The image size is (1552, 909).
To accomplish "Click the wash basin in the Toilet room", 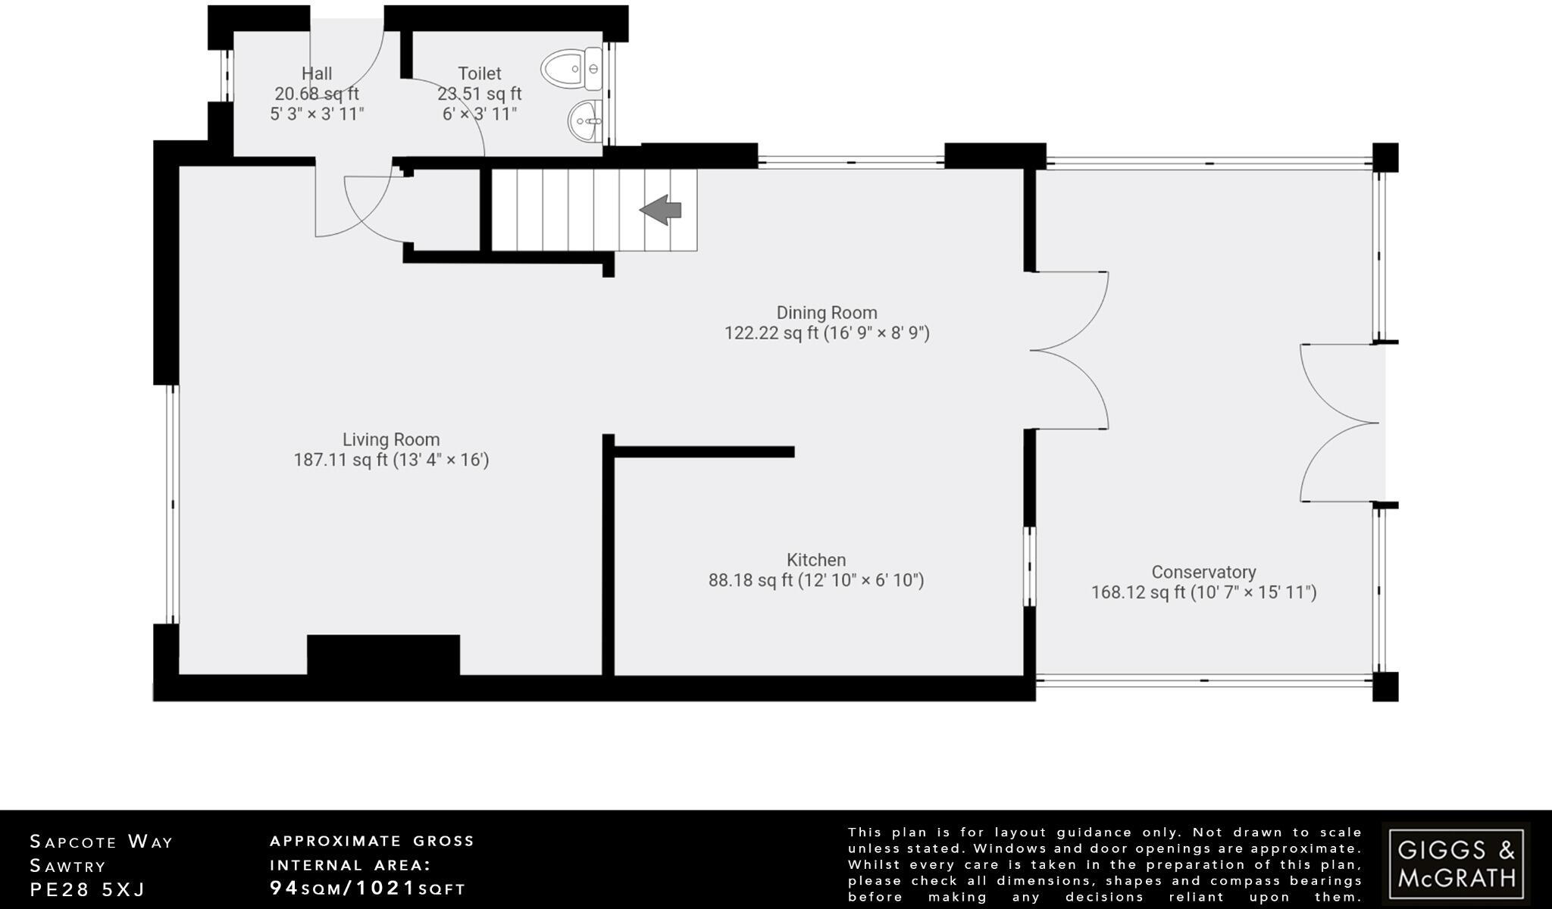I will click(584, 120).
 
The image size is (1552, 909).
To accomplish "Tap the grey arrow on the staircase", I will click(661, 210).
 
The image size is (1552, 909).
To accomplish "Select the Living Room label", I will click(391, 439).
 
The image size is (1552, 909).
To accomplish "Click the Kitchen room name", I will click(816, 560).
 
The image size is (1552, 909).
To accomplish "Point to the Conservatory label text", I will click(1203, 572).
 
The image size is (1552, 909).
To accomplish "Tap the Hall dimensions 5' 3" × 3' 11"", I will click(317, 114).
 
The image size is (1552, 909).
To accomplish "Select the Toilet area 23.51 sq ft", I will click(479, 94).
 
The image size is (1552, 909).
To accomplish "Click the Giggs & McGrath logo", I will click(1455, 864).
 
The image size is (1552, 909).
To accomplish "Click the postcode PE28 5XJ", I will click(87, 889).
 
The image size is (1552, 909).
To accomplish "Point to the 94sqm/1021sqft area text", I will click(368, 889).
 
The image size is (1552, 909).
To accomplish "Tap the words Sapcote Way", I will click(102, 842).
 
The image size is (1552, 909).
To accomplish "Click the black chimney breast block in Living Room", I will click(383, 654).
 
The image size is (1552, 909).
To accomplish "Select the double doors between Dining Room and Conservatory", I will click(1069, 351).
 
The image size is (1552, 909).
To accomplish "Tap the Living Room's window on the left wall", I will click(172, 504).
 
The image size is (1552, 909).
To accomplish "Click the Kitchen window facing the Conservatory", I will click(1029, 566).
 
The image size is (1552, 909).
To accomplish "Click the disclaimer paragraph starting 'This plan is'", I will click(1104, 864).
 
